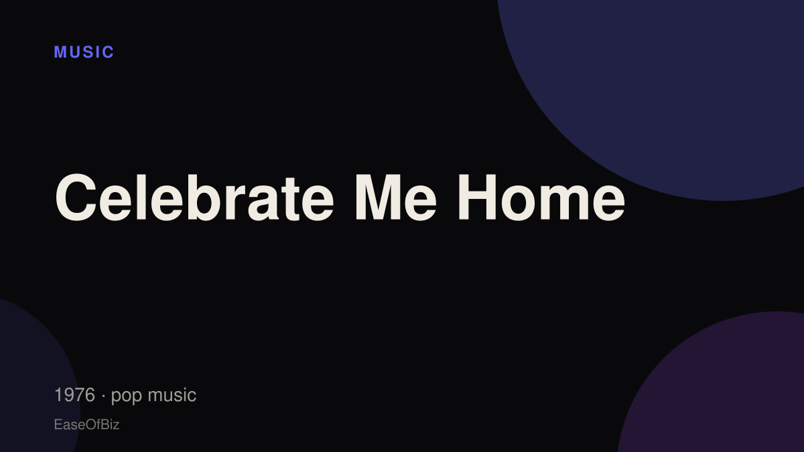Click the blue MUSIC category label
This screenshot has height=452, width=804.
pos(84,52)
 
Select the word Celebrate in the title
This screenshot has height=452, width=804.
pos(194,197)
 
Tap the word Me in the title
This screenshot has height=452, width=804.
pos(396,197)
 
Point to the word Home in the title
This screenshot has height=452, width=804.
pos(541,197)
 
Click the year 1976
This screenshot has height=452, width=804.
pos(74,394)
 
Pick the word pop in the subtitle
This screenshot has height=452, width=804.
pos(127,396)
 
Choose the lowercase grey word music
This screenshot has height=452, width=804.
pos(172,394)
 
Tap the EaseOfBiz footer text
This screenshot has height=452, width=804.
pos(86,425)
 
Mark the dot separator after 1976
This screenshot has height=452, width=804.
pos(103,396)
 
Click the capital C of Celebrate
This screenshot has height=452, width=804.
pos(76,197)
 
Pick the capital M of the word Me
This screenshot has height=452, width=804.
pos(378,197)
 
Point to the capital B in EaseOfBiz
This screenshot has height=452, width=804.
pos(104,425)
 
